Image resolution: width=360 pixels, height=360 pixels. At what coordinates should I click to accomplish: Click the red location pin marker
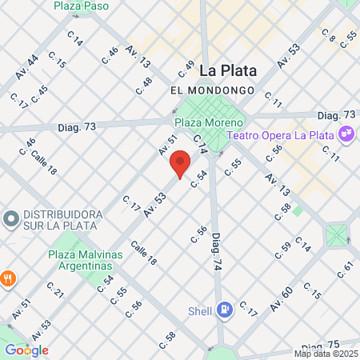coord(181,163)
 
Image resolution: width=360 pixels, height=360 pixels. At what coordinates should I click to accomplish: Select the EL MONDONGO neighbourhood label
coord(213,90)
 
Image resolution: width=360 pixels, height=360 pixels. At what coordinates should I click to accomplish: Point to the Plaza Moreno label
coord(209,122)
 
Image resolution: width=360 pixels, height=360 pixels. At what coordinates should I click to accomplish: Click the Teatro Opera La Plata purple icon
coord(347,134)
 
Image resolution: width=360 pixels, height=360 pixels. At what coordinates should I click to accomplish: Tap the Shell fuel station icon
coord(227,307)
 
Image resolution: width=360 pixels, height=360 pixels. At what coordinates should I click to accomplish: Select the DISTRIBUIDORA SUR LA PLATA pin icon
coord(11,218)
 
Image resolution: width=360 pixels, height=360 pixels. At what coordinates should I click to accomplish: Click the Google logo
coord(27,350)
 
